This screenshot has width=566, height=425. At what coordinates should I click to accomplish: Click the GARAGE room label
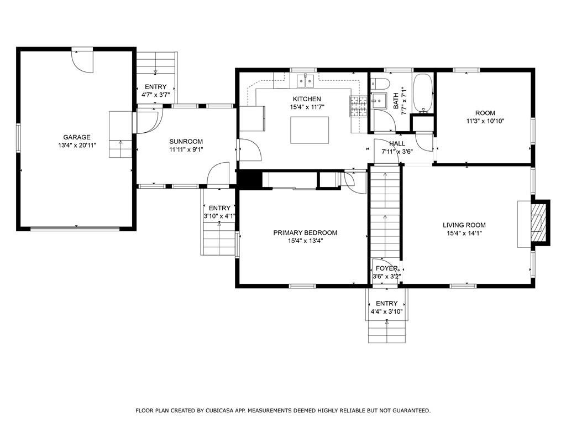[x=76, y=137]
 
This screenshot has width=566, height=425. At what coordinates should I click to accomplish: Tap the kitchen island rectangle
[x=310, y=130]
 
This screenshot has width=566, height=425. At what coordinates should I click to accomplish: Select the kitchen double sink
[x=306, y=81]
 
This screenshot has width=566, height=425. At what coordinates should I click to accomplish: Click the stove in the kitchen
[x=358, y=107]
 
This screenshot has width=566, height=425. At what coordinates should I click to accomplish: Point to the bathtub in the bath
[x=422, y=93]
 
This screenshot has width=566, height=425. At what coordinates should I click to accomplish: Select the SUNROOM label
[x=186, y=141]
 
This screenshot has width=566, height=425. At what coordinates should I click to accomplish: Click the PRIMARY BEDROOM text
[x=305, y=233]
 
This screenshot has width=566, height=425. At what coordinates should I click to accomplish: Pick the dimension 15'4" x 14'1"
[x=464, y=234]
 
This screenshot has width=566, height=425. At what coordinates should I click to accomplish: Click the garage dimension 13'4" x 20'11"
[x=76, y=146]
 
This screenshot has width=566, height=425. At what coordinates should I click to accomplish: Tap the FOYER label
[x=387, y=268]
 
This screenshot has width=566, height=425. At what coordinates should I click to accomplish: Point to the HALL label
[x=397, y=143]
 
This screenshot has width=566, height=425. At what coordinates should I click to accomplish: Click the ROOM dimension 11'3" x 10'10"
[x=485, y=121]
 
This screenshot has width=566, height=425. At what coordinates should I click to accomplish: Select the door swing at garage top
[x=83, y=62]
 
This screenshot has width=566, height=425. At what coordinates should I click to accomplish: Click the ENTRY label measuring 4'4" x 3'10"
[x=386, y=303]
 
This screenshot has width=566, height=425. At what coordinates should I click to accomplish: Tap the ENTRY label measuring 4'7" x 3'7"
[x=155, y=87]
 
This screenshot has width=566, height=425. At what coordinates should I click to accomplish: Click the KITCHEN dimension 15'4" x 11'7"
[x=307, y=107]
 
